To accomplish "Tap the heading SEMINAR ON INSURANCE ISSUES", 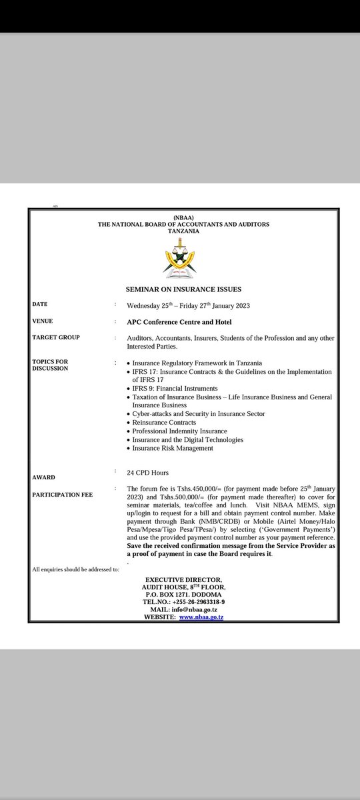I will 183,289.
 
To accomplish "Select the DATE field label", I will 40,304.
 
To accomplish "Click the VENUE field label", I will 43,321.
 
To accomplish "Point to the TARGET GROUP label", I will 56,337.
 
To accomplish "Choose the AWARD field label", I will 44,477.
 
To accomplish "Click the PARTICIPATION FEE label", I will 63,494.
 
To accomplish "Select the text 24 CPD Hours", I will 148,472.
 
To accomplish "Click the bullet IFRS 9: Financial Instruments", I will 175,388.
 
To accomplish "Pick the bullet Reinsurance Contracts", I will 164,423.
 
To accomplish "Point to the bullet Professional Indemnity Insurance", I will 179,431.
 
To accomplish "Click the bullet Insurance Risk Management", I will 173,448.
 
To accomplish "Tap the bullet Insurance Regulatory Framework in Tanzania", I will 193,363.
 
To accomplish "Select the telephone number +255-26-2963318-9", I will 197,601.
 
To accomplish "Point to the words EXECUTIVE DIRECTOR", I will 183,579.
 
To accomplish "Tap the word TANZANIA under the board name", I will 183,231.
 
